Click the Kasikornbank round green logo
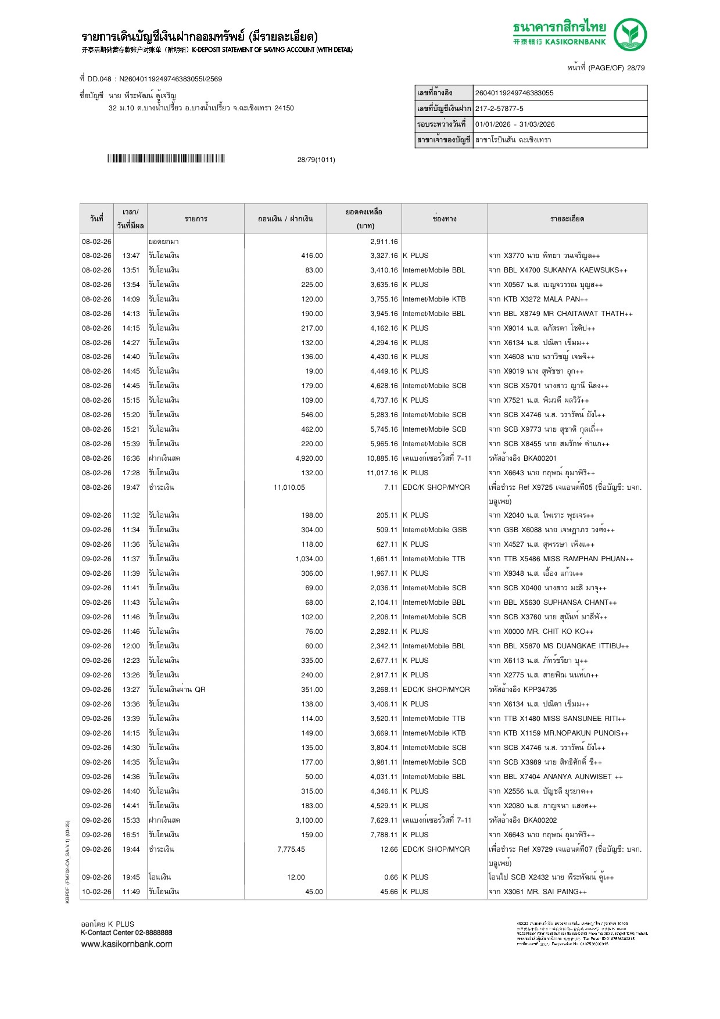coord(631,34)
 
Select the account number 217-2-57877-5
coord(499,109)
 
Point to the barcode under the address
coord(166,159)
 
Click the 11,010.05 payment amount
coord(289,487)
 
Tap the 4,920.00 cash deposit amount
coord(309,458)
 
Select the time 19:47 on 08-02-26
coord(131,487)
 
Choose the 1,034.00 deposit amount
coord(309,559)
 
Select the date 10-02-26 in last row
coord(96,892)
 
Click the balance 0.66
coord(391,877)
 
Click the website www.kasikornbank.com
coord(127,944)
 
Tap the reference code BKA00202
coord(540,820)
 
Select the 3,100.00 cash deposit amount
coord(309,820)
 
